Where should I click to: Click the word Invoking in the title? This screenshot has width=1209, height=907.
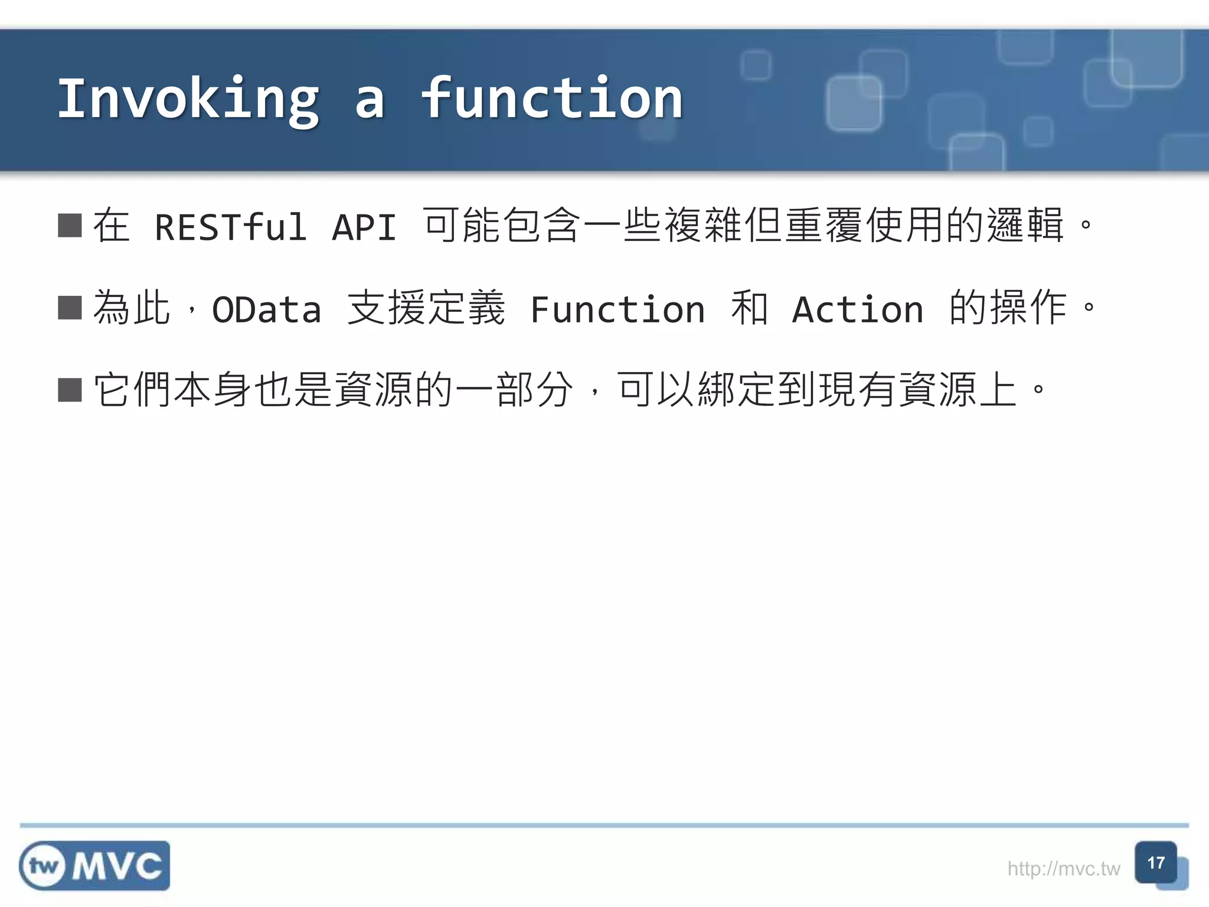[x=188, y=99]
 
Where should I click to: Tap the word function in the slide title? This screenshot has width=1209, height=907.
[x=551, y=99]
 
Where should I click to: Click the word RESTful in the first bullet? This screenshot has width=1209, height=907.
[x=230, y=227]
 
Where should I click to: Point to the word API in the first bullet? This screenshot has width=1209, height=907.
[x=364, y=227]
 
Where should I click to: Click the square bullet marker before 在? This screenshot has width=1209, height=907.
[x=70, y=226]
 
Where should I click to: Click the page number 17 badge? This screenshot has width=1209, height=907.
[x=1155, y=863]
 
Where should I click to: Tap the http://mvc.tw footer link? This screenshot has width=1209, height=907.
[x=1063, y=869]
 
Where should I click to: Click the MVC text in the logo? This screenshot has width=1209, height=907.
[x=117, y=866]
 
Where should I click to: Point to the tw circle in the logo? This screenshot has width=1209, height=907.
[x=44, y=866]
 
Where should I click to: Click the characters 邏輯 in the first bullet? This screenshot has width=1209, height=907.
[x=1025, y=226]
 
